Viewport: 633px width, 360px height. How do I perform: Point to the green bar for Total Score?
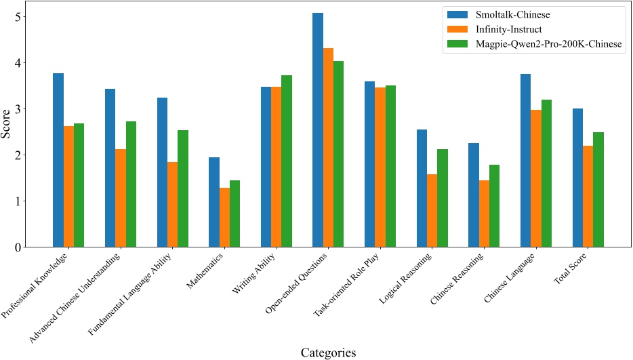[598, 190]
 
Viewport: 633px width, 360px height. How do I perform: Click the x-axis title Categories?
[328, 352]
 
